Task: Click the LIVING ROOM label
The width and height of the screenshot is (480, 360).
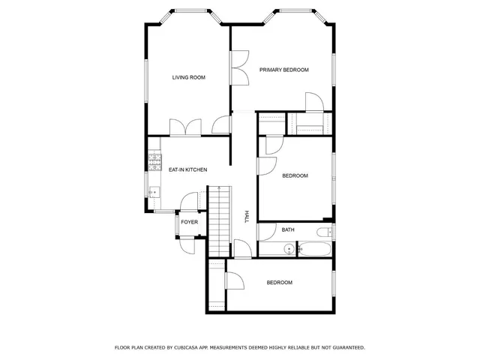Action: tap(188, 77)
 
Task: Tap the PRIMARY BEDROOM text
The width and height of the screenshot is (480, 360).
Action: tap(284, 70)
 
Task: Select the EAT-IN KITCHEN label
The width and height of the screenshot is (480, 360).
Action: tap(187, 169)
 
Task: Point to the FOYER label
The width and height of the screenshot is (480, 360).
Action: tap(189, 222)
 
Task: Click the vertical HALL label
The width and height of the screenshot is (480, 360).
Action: tap(246, 216)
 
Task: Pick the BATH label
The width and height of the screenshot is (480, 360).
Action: tap(288, 229)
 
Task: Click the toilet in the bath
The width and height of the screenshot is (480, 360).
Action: tap(325, 232)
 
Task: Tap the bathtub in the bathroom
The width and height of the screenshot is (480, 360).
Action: tap(314, 250)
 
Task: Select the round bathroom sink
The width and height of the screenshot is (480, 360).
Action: tap(288, 249)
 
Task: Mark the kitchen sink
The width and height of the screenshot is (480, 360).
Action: tap(154, 192)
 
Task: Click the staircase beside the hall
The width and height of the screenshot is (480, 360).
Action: tap(218, 221)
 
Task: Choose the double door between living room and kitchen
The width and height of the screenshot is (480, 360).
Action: tap(184, 127)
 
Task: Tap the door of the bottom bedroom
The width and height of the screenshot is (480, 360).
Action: tap(234, 281)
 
